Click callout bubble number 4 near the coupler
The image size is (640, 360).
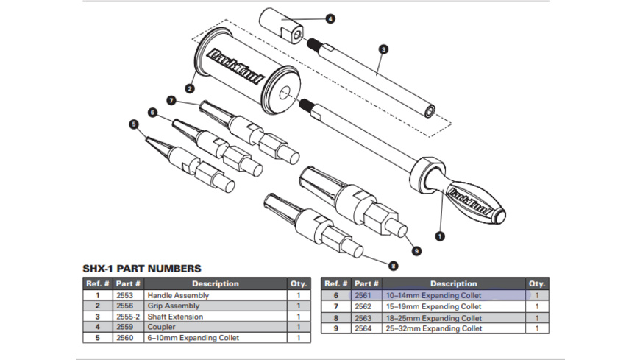(330, 18)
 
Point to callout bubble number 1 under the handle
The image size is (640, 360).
(441, 236)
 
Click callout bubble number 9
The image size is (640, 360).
(416, 251)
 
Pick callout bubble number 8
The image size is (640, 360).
(394, 265)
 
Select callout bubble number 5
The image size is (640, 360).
(134, 125)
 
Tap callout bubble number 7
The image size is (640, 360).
(171, 99)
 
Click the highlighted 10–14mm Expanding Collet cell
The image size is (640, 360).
(454, 295)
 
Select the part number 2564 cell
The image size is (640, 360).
(365, 328)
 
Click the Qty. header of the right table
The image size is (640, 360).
(536, 283)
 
